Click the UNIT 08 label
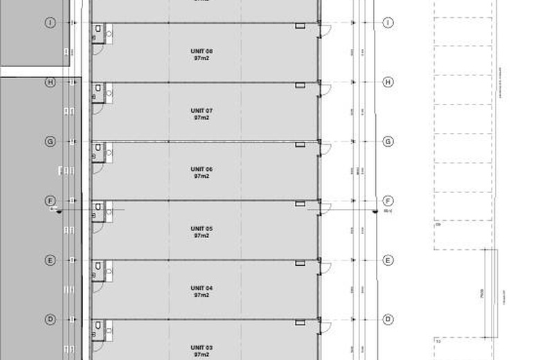[201, 52]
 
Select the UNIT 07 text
[201, 111]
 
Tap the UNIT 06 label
[201, 170]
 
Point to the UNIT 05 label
[201, 228]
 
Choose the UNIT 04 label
[201, 288]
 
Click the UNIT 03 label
[201, 348]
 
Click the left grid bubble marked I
[50, 23]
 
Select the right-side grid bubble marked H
[388, 82]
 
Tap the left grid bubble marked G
[50, 142]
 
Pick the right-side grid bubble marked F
[388, 201]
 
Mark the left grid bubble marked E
[50, 260]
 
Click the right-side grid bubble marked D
[388, 319]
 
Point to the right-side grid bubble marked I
[388, 23]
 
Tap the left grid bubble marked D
[50, 319]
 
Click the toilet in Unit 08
[99, 29]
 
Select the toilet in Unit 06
[99, 147]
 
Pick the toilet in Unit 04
[99, 267]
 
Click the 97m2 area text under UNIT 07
[201, 118]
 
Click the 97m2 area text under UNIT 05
[201, 236]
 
